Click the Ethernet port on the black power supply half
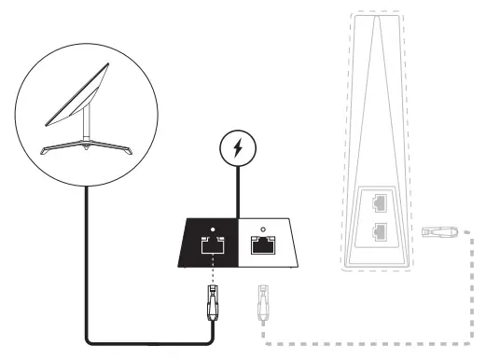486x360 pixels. click(x=211, y=246)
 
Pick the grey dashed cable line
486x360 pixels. click(x=373, y=336)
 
